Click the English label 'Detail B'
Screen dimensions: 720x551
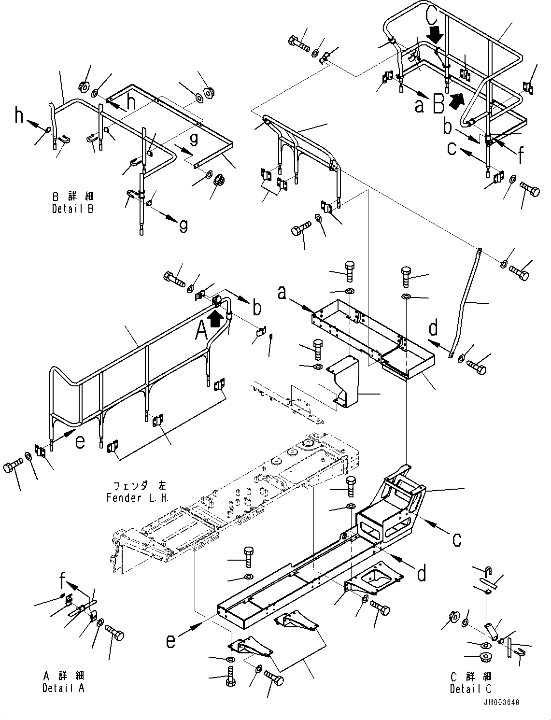click(x=72, y=209)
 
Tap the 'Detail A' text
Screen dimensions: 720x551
click(x=63, y=688)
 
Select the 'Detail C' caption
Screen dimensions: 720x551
click(x=470, y=689)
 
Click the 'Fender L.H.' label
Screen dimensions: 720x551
click(x=137, y=498)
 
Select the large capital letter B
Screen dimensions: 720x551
click(x=438, y=103)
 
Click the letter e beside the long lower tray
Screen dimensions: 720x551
click(x=171, y=641)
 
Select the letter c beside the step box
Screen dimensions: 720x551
click(x=456, y=539)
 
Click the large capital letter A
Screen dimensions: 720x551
click(x=201, y=331)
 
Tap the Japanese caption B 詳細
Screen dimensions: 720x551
click(x=73, y=197)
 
